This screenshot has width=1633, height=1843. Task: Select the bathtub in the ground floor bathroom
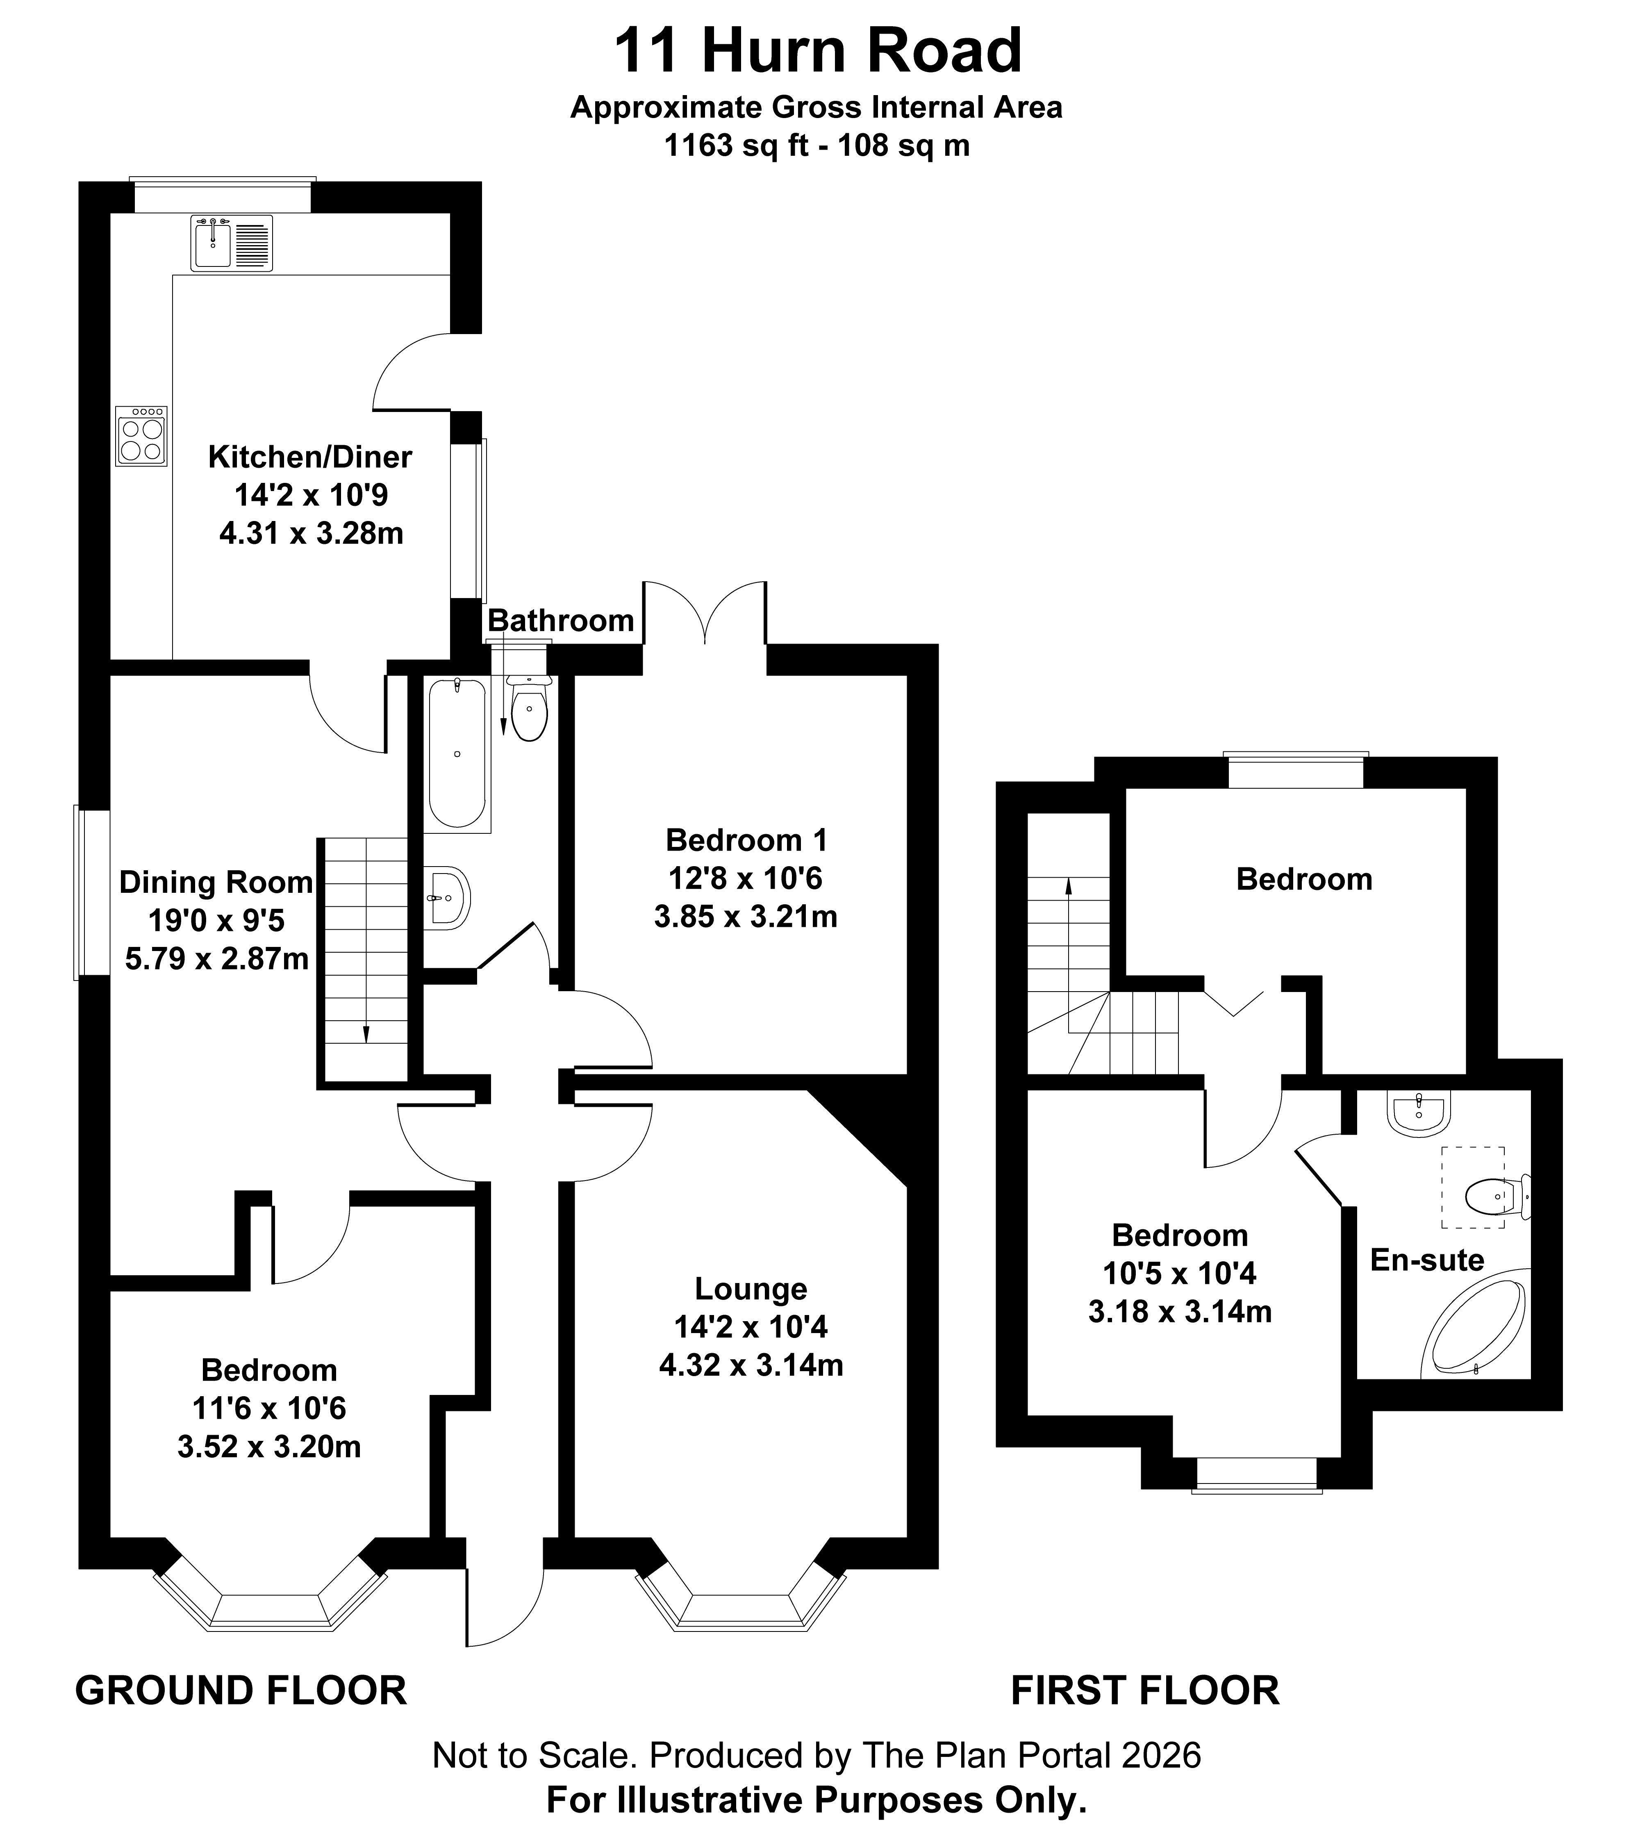point(458,754)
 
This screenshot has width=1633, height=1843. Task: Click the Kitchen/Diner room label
point(310,457)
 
